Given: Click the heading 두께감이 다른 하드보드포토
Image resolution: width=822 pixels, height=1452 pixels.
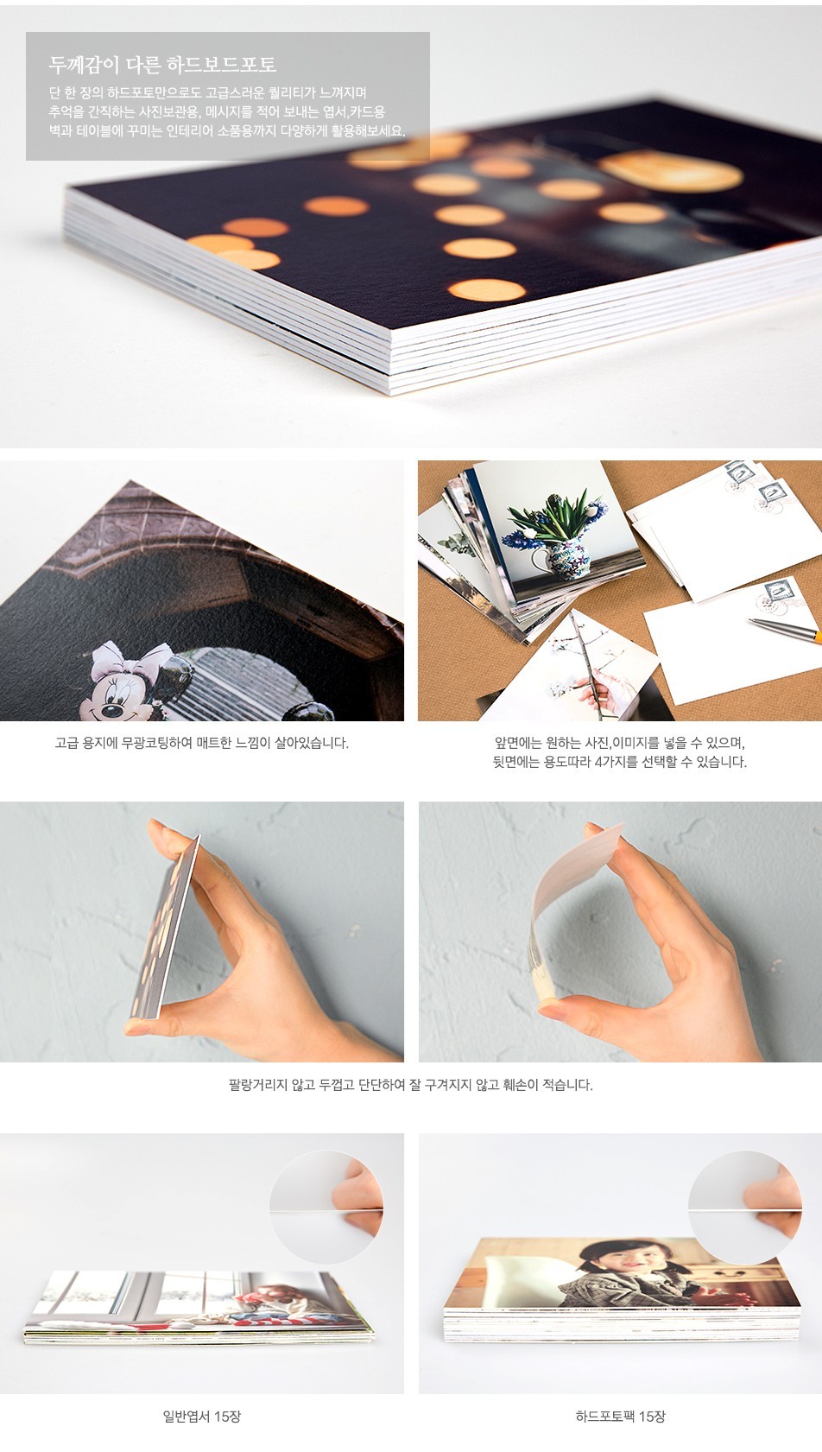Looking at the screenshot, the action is coord(162,64).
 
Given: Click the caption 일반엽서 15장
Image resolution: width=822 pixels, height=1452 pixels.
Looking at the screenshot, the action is coord(201,1417).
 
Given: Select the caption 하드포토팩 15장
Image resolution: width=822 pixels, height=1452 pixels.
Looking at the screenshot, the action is coord(621,1417).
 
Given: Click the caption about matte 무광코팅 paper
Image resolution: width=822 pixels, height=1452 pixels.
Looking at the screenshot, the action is coord(201,743).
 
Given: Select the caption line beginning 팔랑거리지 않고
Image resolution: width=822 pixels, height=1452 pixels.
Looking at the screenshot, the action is coord(411,1084).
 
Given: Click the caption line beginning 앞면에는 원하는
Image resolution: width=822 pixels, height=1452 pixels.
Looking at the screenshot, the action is coord(619,742).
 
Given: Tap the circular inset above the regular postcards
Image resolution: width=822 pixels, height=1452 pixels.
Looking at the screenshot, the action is coord(326,1207).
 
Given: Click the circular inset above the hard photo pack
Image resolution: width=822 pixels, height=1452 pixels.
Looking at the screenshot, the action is coord(745,1207).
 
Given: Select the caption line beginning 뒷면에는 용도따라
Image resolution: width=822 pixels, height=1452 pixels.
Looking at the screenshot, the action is coord(619,762).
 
